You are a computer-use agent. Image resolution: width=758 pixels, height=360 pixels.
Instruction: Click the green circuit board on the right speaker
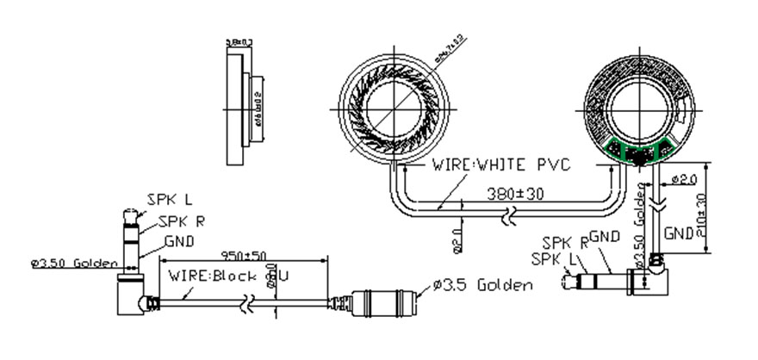pos(639,152)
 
